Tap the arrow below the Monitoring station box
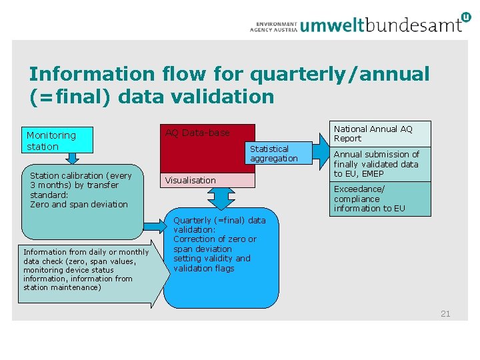click(72, 158)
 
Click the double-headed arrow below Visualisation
click(221, 198)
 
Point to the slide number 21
click(445, 313)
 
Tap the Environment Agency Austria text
click(273, 25)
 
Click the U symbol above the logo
click(465, 16)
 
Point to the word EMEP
click(373, 174)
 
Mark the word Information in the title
click(85, 74)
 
